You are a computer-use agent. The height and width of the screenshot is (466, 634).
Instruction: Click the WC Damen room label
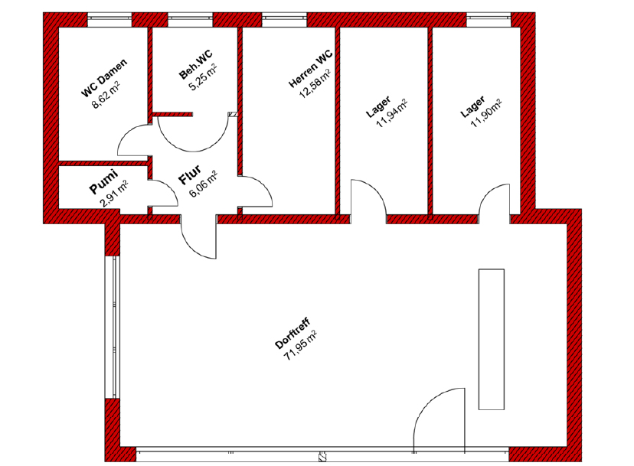point(104,77)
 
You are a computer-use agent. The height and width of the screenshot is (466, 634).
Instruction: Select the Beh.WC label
point(195,64)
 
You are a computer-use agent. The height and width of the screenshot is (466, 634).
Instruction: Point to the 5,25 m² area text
point(203,77)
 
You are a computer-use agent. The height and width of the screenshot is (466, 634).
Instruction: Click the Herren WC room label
point(311,69)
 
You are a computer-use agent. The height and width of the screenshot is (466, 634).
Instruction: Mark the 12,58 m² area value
point(315,83)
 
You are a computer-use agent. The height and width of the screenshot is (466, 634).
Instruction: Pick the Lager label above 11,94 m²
point(378,106)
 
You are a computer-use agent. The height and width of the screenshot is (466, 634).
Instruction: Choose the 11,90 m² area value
point(486,114)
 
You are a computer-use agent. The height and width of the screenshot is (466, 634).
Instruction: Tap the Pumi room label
point(103,182)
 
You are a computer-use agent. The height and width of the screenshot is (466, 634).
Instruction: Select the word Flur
point(190,174)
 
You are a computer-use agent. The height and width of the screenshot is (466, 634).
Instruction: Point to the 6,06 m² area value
point(204,184)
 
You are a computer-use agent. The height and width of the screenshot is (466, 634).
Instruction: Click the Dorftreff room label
point(292,334)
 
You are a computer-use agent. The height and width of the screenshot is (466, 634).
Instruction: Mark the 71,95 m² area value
point(300,346)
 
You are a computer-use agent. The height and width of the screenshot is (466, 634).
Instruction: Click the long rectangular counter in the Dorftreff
point(492,339)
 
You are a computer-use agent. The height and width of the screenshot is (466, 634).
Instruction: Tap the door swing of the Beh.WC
point(193,133)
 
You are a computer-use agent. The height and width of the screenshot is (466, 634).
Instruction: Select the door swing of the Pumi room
point(163,194)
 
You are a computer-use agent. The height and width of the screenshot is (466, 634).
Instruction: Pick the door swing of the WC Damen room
point(132,140)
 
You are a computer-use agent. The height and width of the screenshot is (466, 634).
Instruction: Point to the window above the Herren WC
point(285,20)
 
